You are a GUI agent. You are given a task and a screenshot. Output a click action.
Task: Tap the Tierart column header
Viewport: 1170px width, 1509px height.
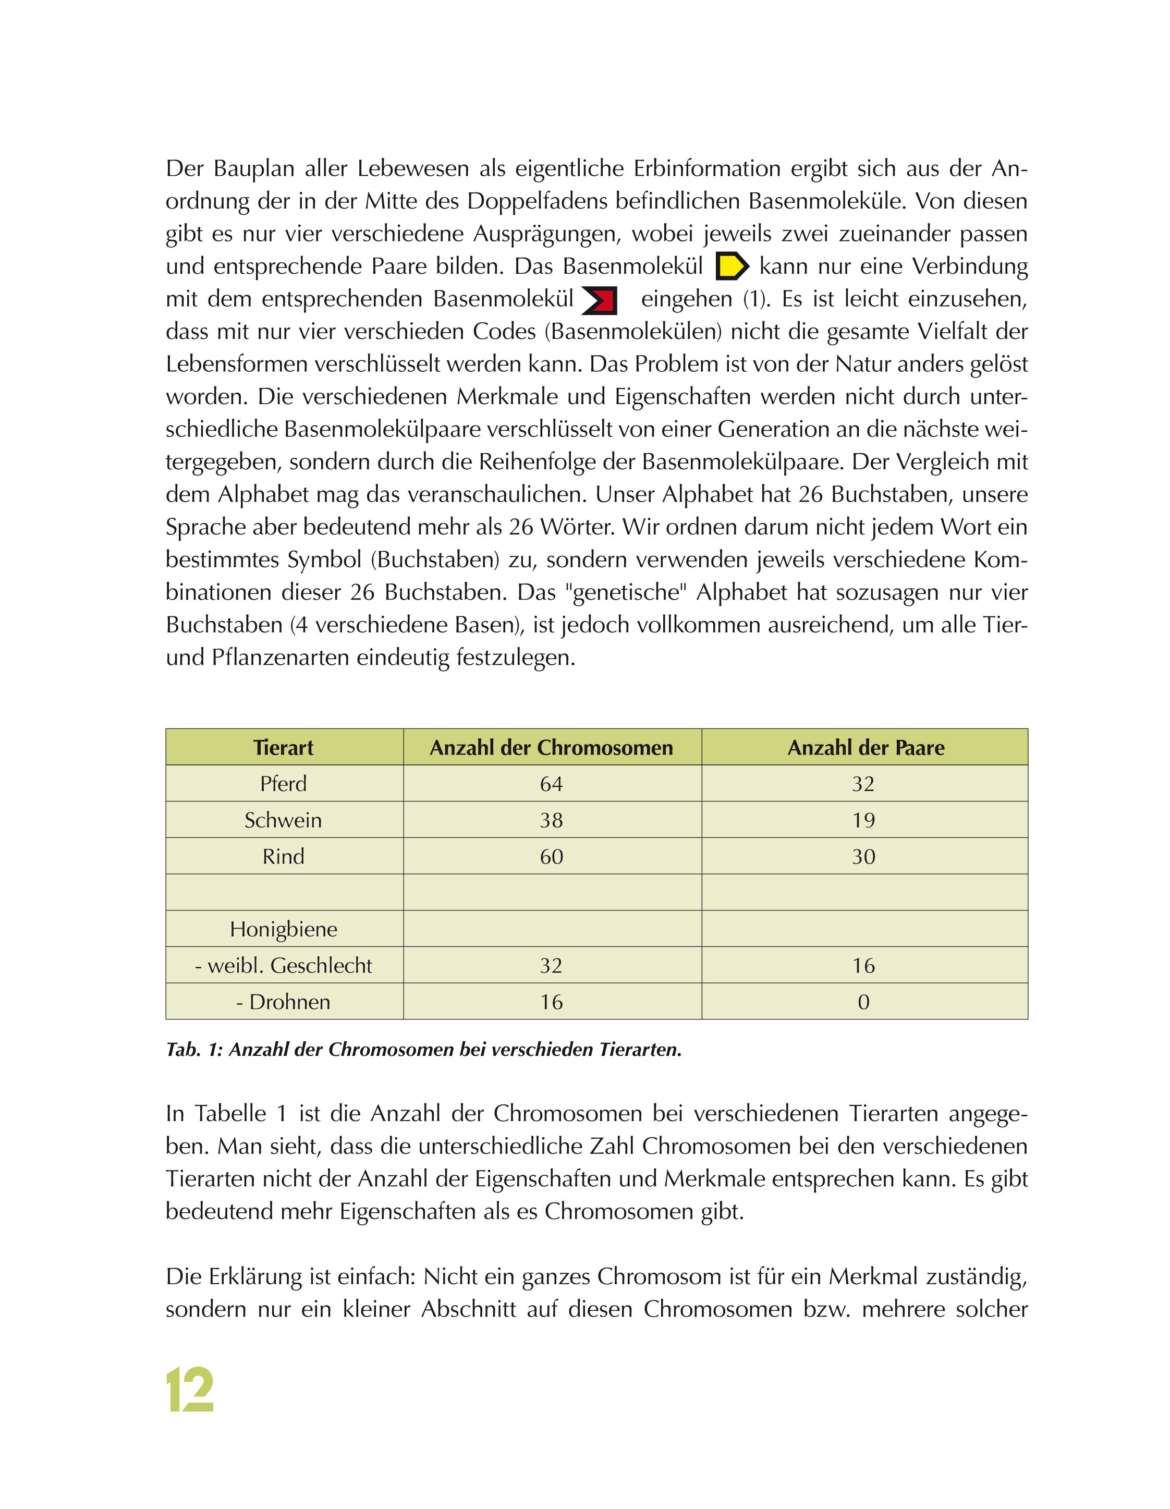click(x=283, y=748)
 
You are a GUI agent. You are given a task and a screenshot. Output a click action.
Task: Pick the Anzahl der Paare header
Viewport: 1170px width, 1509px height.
click(x=865, y=748)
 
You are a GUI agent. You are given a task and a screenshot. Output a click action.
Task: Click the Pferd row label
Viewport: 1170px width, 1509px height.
click(x=283, y=784)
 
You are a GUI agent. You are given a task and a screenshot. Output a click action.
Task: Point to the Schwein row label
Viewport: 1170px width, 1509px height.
click(x=283, y=820)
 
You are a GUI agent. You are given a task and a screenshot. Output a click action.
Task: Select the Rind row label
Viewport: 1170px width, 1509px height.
click(x=283, y=857)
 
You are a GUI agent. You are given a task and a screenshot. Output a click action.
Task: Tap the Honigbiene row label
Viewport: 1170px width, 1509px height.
click(x=283, y=929)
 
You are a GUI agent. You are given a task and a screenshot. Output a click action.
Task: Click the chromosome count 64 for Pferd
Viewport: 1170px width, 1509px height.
click(x=552, y=784)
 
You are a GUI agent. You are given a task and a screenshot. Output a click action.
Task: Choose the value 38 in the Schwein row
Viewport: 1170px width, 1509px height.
click(x=552, y=820)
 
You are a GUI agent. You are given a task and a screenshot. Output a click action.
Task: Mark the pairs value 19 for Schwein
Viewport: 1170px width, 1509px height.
click(x=864, y=820)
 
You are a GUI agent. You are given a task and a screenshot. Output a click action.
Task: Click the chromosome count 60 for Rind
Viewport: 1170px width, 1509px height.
click(x=552, y=857)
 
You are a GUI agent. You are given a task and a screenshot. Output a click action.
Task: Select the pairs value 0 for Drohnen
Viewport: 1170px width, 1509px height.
click(x=864, y=1002)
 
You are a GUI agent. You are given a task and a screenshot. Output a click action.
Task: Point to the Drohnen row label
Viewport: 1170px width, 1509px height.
click(x=283, y=1002)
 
